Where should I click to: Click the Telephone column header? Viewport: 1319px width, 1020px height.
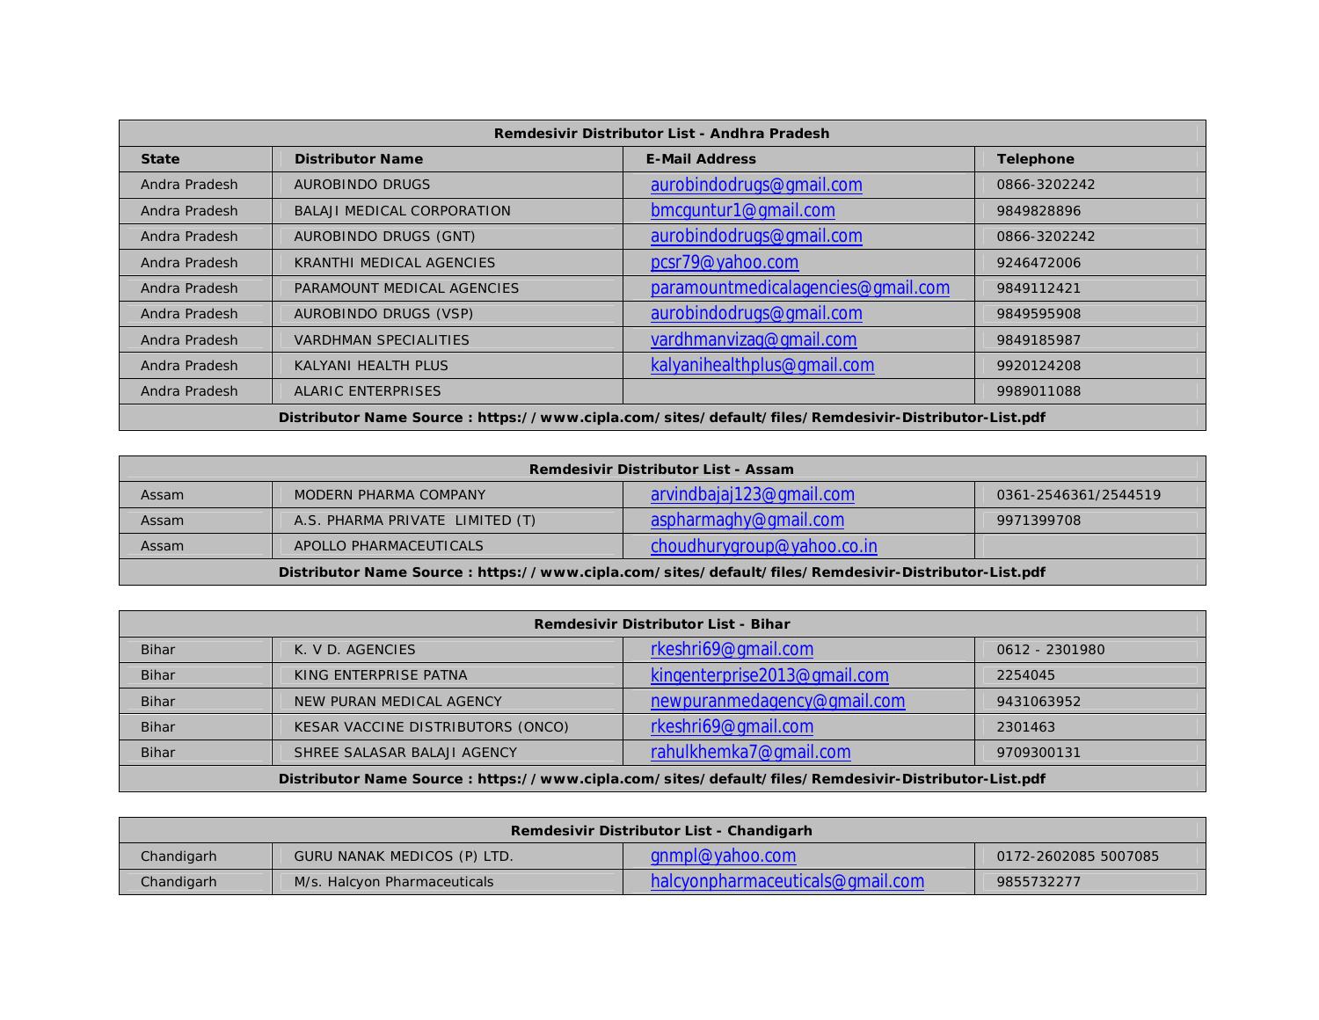[x=1035, y=159]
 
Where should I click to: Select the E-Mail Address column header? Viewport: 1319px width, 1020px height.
[x=701, y=159]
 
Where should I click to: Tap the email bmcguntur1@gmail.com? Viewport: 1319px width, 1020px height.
[x=742, y=211]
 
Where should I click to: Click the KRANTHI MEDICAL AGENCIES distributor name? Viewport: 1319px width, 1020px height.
[x=394, y=263]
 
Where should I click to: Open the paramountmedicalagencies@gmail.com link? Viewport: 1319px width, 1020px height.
[x=799, y=288]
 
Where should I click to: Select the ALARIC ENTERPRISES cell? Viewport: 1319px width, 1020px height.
[x=368, y=391]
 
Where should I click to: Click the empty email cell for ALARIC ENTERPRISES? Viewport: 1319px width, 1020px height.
[x=798, y=391]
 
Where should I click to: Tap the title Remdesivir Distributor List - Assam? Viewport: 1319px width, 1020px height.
[x=661, y=470]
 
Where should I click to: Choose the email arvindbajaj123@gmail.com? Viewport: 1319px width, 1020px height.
[x=752, y=495]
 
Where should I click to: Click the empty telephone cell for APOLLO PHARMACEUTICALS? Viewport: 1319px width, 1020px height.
[x=1089, y=546]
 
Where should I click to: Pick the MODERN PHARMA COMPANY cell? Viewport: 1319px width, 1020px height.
[x=390, y=495]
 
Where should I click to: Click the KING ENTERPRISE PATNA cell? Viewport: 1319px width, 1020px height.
[x=381, y=675]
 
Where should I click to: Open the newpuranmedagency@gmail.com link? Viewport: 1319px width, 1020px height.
[x=777, y=702]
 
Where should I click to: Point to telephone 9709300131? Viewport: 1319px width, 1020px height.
[x=1038, y=753]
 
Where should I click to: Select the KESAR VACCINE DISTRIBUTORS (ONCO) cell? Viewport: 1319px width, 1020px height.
[x=431, y=727]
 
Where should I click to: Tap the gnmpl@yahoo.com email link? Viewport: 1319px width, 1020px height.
[x=723, y=856]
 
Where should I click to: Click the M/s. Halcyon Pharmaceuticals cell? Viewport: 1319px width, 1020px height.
[x=394, y=882]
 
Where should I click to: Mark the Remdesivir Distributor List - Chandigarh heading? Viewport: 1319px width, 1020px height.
[x=661, y=831]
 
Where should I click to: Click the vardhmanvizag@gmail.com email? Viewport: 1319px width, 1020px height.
[x=753, y=340]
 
